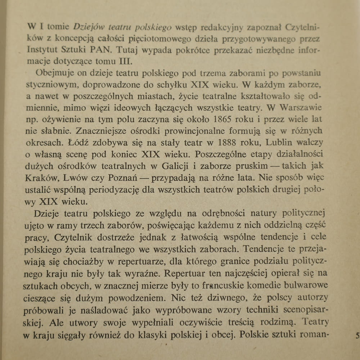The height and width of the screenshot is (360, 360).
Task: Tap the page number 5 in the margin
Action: (x=357, y=336)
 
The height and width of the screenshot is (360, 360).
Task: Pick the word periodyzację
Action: (x=148, y=189)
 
